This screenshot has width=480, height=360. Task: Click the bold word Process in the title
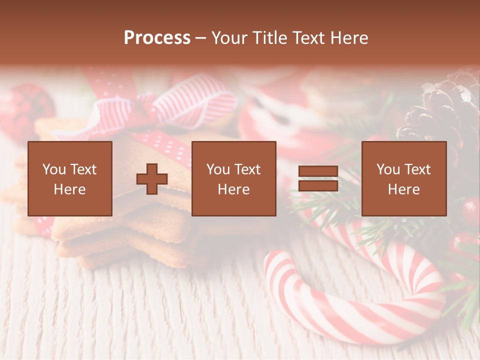(157, 38)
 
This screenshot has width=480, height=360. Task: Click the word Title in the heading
(269, 38)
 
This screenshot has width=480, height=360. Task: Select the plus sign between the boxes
(152, 179)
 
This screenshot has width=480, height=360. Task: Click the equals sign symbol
(318, 179)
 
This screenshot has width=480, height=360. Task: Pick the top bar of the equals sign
(318, 171)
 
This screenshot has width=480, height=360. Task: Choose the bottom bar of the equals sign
(318, 186)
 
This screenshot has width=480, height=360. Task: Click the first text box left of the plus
(69, 178)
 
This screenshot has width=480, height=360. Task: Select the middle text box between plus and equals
(233, 178)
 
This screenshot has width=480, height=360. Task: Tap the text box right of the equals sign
(403, 178)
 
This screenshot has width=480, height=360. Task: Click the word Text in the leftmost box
(83, 169)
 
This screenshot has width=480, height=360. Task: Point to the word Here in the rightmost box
(403, 189)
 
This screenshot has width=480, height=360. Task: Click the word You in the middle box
(218, 169)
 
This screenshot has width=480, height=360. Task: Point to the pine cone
(445, 115)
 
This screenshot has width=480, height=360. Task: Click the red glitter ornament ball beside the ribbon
(25, 110)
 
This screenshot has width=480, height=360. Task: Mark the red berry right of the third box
(470, 210)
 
